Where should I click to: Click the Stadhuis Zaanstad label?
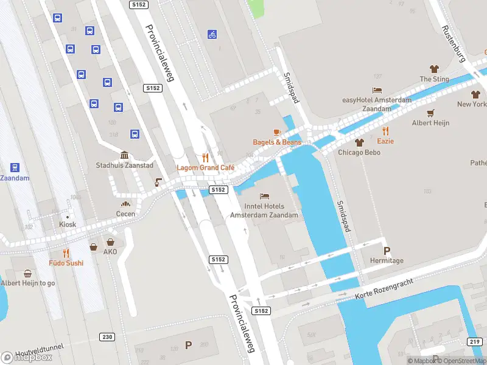click(124, 165)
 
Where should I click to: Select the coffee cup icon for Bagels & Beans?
click(277, 132)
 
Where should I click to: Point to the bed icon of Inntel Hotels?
click(264, 196)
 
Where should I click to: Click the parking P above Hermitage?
click(386, 251)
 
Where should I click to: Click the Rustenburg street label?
click(454, 44)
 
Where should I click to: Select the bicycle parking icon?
click(212, 35)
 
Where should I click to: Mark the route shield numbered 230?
click(107, 337)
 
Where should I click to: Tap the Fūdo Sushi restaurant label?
click(66, 263)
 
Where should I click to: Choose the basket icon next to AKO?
click(94, 247)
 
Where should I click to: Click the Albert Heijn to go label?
click(28, 283)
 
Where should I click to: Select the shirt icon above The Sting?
click(434, 69)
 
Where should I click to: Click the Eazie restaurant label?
click(385, 141)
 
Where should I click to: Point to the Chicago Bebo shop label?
click(359, 152)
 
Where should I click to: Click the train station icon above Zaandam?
click(15, 167)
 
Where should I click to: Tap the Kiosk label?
click(68, 224)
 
